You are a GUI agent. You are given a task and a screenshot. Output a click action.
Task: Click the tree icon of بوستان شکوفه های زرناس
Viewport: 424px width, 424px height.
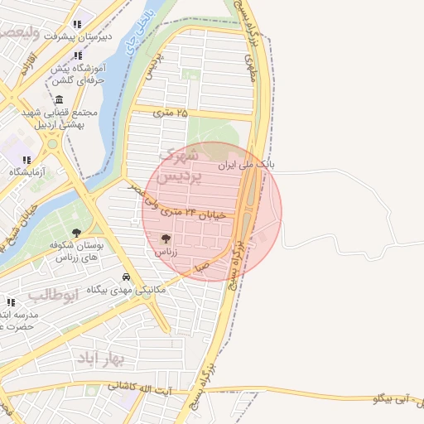[77, 233]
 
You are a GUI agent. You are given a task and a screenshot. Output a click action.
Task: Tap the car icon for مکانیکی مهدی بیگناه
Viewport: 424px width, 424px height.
[125, 277]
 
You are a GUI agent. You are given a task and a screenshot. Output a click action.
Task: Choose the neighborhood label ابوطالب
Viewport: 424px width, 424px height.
[53, 294]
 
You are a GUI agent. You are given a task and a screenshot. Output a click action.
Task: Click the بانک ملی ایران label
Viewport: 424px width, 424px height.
[245, 165]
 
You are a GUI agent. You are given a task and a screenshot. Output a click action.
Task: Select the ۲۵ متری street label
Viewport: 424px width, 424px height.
[171, 111]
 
